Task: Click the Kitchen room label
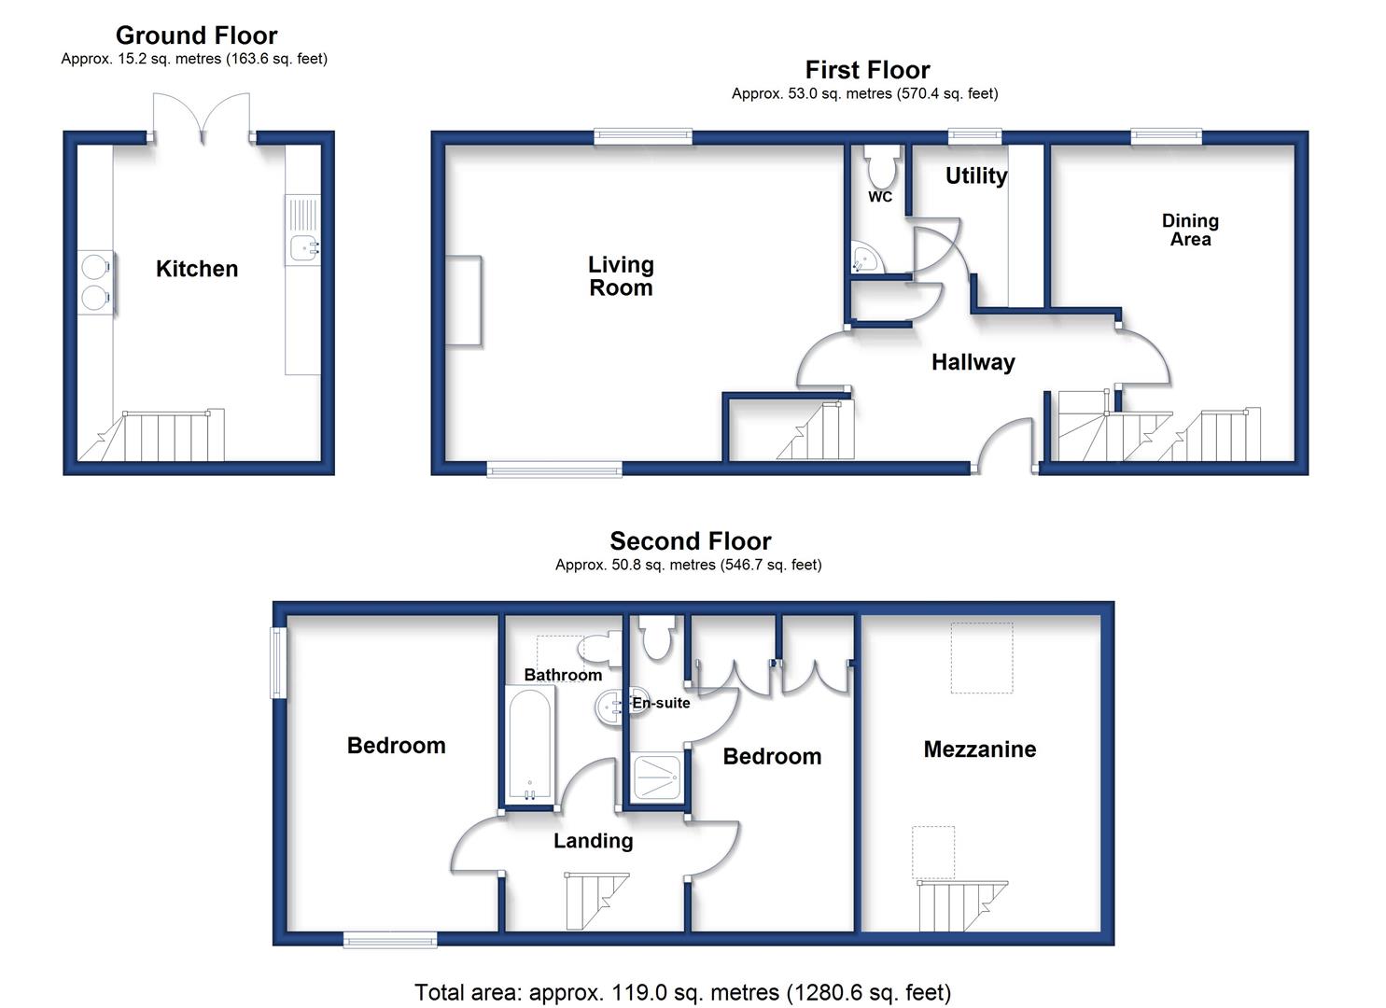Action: coord(197,269)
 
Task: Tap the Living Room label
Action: coord(621,276)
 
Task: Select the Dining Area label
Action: coord(1190,230)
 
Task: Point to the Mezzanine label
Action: coord(979,749)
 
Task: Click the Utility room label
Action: coord(975,175)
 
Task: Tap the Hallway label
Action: coord(973,362)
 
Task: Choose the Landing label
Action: coord(593,841)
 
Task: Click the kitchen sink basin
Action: coord(305,247)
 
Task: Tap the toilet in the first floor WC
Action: coord(882,166)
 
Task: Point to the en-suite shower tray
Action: coord(656,776)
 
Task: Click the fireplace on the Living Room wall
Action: coord(464,301)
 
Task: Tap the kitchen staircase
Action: coord(151,435)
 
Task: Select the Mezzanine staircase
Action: coord(962,905)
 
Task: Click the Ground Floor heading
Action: coord(196,35)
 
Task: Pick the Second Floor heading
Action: coord(691,540)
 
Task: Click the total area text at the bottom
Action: coord(682,992)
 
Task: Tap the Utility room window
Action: coord(975,136)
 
